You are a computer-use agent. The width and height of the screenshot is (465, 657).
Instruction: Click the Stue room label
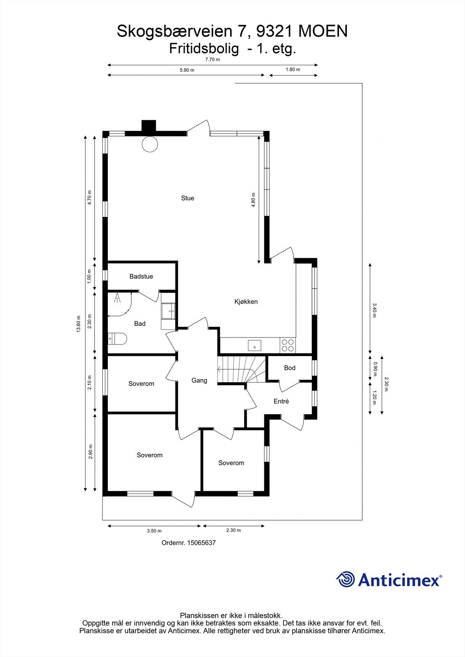click(187, 198)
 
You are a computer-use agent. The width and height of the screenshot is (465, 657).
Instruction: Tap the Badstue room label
click(141, 277)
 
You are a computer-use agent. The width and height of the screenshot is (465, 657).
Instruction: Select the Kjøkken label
click(246, 302)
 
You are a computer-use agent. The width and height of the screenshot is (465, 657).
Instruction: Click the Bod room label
click(289, 368)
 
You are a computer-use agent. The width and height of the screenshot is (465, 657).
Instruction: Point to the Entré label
click(281, 402)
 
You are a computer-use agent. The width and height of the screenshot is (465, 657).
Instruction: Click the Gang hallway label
click(199, 381)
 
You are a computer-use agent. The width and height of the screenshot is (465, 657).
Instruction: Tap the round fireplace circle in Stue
click(149, 144)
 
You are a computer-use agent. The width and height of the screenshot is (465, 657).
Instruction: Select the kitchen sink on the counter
click(255, 345)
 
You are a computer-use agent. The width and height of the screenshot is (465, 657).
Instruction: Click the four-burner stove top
click(287, 345)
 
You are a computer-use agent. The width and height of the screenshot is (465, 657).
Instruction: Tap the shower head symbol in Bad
click(118, 298)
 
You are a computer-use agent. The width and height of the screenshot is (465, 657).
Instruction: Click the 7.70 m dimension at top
click(213, 60)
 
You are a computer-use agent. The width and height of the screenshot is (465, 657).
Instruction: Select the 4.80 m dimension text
click(254, 200)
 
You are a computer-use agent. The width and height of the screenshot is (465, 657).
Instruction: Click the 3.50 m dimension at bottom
click(154, 531)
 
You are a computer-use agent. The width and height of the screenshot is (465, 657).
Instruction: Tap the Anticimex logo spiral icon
click(345, 580)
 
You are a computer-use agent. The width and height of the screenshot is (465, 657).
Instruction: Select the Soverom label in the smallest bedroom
click(231, 463)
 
